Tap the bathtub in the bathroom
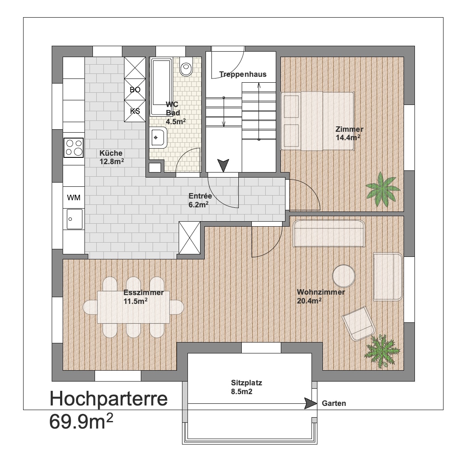[161, 87]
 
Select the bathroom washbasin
[158, 138]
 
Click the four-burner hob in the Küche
[74, 148]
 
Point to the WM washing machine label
[74, 198]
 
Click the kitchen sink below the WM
[74, 219]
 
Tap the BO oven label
[135, 90]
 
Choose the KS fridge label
[135, 111]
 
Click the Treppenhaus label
[243, 74]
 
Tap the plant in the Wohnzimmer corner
[382, 351]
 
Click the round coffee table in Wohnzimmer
[343, 276]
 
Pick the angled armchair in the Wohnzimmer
[358, 324]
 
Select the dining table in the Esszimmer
[134, 307]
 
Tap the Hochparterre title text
[108, 399]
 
